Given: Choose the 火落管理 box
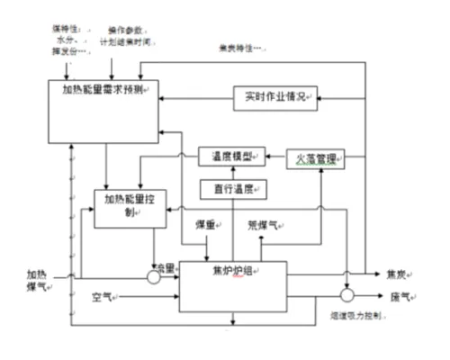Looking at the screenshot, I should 316,159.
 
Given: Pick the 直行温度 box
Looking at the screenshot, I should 233,190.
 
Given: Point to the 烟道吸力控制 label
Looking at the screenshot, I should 357,316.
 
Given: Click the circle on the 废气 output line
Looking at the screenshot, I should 346,295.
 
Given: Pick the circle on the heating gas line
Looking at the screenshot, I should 154,276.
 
